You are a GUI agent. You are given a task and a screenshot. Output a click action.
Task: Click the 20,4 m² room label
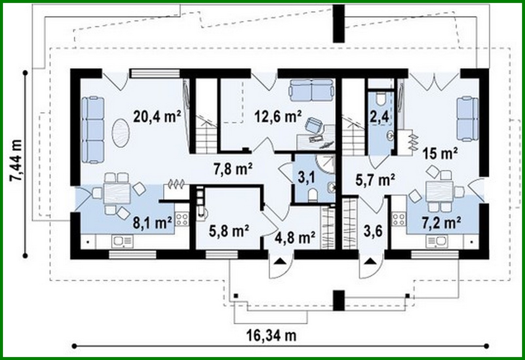click(157, 116)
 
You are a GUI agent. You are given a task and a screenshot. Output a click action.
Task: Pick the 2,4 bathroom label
click(379, 117)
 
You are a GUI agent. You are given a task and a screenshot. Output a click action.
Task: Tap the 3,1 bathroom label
click(306, 177)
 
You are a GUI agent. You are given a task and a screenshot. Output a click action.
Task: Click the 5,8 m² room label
click(229, 231)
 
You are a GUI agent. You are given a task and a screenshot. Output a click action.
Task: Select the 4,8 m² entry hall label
click(295, 237)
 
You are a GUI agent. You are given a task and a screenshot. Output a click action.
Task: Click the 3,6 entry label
click(373, 231)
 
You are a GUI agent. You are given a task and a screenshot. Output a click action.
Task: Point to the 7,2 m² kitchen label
click(441, 223)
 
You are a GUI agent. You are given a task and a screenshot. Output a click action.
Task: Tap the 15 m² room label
click(440, 153)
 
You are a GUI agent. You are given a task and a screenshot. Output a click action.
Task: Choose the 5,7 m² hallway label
click(375, 180)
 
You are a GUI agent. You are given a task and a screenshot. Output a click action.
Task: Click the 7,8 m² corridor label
click(233, 169)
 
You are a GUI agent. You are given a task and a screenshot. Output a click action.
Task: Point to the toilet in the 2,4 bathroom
click(381, 99)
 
